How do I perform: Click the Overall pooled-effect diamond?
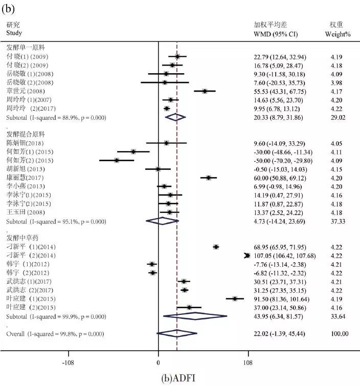click(x=176, y=334)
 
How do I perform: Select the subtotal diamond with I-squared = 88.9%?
click(x=175, y=117)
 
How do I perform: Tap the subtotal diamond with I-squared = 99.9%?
click(x=194, y=316)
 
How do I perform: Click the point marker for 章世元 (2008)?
click(x=205, y=91)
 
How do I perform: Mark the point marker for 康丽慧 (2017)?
click(x=209, y=178)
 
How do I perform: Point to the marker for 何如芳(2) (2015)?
click(x=117, y=160)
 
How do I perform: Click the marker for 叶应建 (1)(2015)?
click(x=235, y=298)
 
